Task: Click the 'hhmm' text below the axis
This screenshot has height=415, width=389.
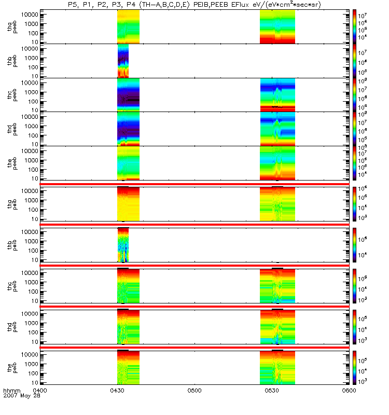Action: (11, 390)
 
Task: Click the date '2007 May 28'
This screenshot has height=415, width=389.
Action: (22, 396)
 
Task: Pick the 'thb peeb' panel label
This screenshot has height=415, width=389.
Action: (14, 61)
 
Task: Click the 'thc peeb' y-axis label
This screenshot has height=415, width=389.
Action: (14, 95)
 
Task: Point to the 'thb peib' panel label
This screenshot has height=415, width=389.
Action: (14, 244)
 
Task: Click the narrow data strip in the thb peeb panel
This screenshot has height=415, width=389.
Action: (123, 61)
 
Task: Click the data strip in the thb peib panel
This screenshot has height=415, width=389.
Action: (123, 244)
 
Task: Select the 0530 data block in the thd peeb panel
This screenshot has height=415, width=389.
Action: (277, 129)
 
